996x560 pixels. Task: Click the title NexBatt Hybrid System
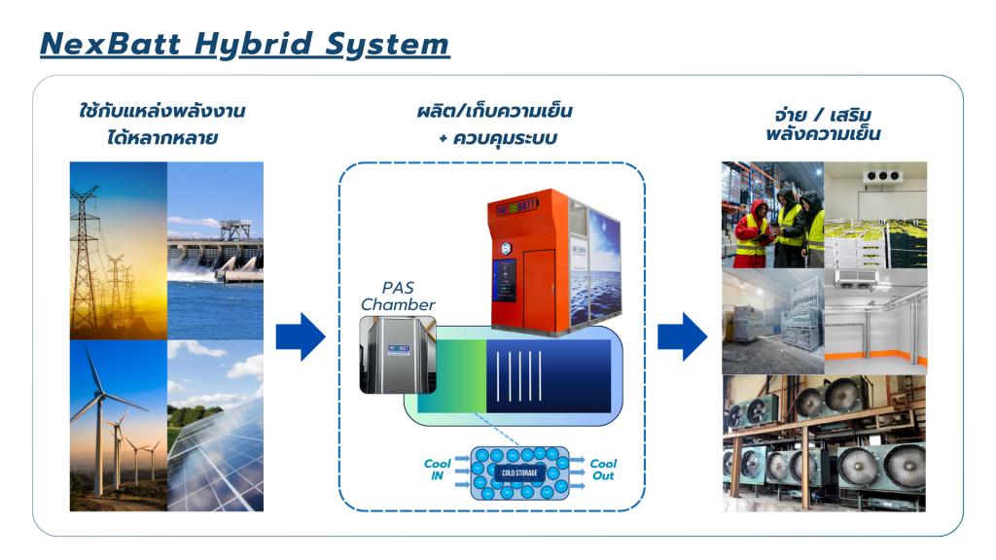244,44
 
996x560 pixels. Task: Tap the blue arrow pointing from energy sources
299,336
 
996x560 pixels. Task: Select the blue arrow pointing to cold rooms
681,336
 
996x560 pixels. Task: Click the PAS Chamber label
398,297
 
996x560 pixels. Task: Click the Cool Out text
603,470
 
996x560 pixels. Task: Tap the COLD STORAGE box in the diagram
519,472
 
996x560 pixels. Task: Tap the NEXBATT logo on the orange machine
512,208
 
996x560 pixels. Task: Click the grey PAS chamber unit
397,355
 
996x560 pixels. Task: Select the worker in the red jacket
752,233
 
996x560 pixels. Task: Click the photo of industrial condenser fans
824,443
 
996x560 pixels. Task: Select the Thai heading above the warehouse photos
823,122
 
